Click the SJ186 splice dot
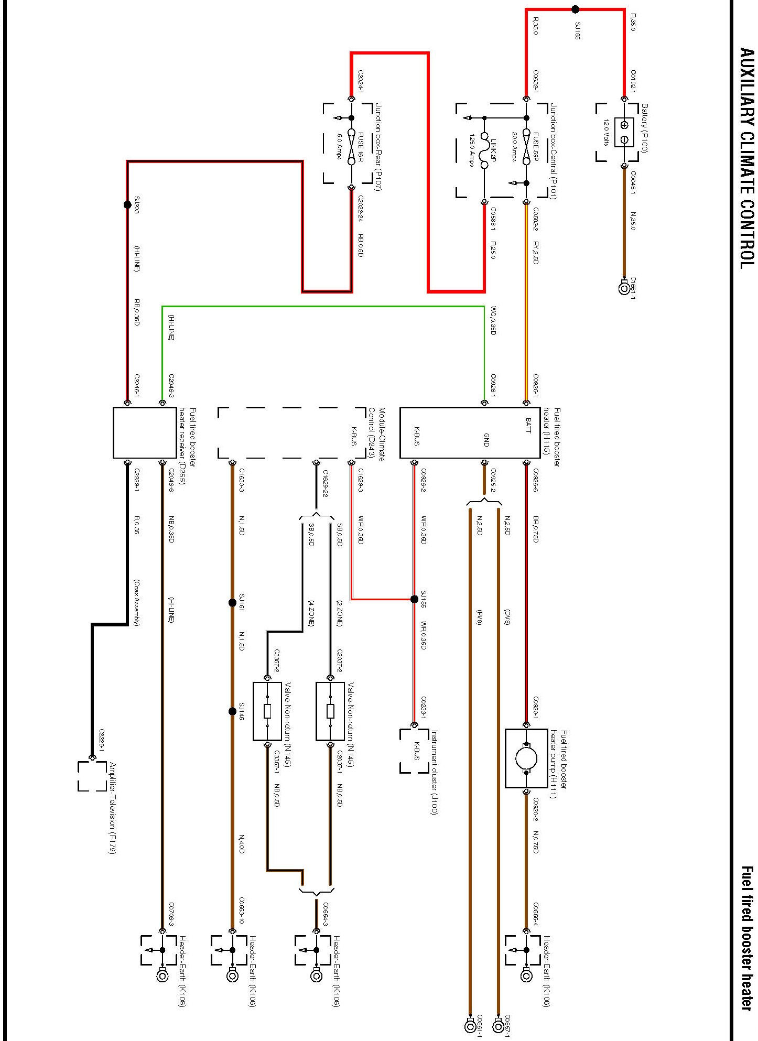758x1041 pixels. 575,9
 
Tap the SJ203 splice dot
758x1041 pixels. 127,204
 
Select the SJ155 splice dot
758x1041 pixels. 414,599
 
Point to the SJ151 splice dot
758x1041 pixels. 232,603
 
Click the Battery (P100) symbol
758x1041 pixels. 624,132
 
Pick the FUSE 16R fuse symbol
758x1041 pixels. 351,153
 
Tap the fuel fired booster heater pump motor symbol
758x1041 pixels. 526,758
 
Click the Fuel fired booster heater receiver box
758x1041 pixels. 145,433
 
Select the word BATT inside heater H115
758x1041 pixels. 528,426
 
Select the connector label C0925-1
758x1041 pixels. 536,385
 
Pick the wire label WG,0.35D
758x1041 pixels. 493,321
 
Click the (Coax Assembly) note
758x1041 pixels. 136,603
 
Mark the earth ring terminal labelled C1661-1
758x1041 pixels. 624,288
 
